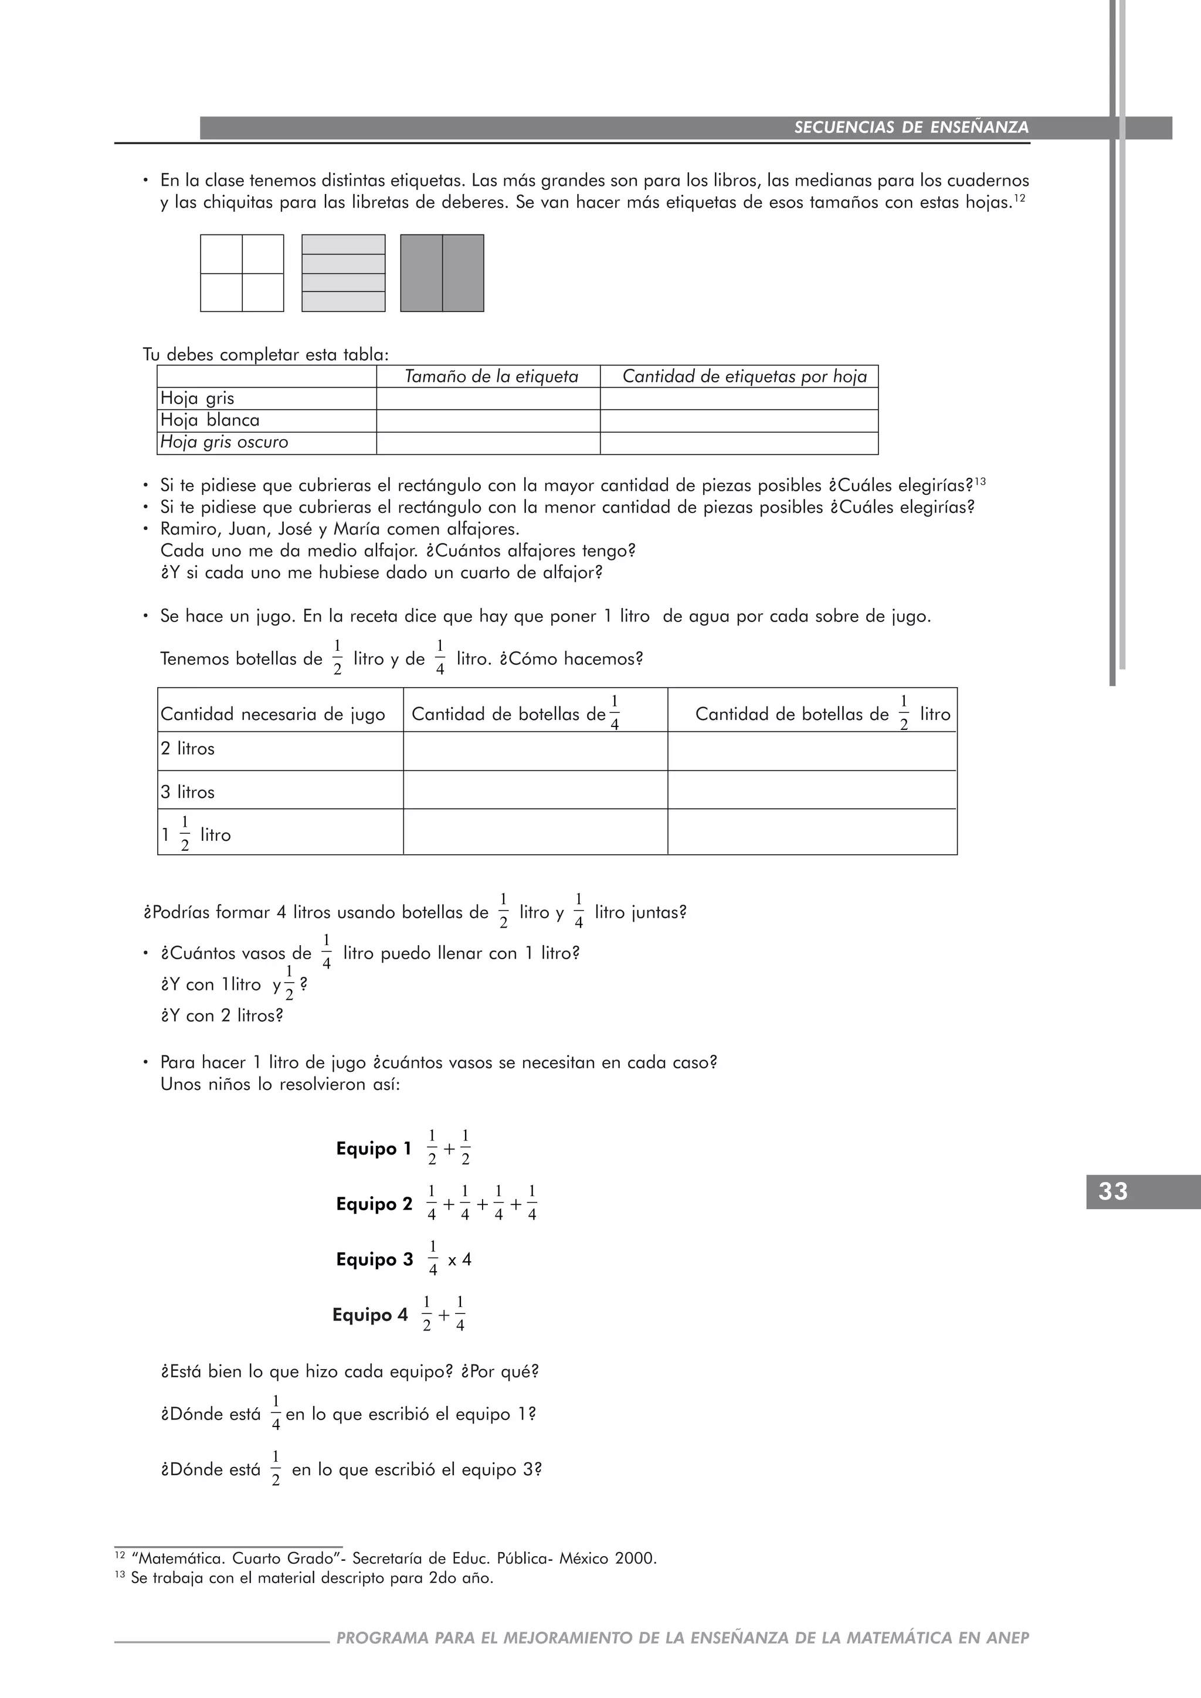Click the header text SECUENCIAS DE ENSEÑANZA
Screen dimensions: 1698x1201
pyautogui.click(x=911, y=127)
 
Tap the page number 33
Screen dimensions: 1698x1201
pyautogui.click(x=1113, y=1191)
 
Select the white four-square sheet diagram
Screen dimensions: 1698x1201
pyautogui.click(x=242, y=273)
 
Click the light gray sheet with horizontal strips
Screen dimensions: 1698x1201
pyautogui.click(x=343, y=273)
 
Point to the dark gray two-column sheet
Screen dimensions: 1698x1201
pyautogui.click(x=442, y=273)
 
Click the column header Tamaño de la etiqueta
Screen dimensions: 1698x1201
pyautogui.click(x=491, y=376)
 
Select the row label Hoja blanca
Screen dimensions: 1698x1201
pyautogui.click(x=210, y=420)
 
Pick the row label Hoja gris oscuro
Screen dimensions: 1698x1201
pyautogui.click(x=224, y=442)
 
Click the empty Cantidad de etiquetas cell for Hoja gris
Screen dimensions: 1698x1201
pyautogui.click(x=738, y=399)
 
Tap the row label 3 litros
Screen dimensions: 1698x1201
pyautogui.click(x=188, y=792)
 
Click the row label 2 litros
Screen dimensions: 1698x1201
pyautogui.click(x=188, y=748)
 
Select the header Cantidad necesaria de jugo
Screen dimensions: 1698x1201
pyautogui.click(x=272, y=714)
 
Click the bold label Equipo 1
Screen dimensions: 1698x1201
pyautogui.click(x=374, y=1149)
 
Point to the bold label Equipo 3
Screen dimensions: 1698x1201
pyautogui.click(x=374, y=1259)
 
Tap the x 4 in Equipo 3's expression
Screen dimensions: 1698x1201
pyautogui.click(x=459, y=1259)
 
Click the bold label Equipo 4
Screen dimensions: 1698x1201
pyautogui.click(x=370, y=1315)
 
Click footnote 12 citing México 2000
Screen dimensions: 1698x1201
pyautogui.click(x=393, y=1558)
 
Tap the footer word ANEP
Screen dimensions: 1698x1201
pyautogui.click(x=1007, y=1638)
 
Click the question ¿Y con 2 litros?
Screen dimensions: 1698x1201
pyautogui.click(x=222, y=1016)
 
